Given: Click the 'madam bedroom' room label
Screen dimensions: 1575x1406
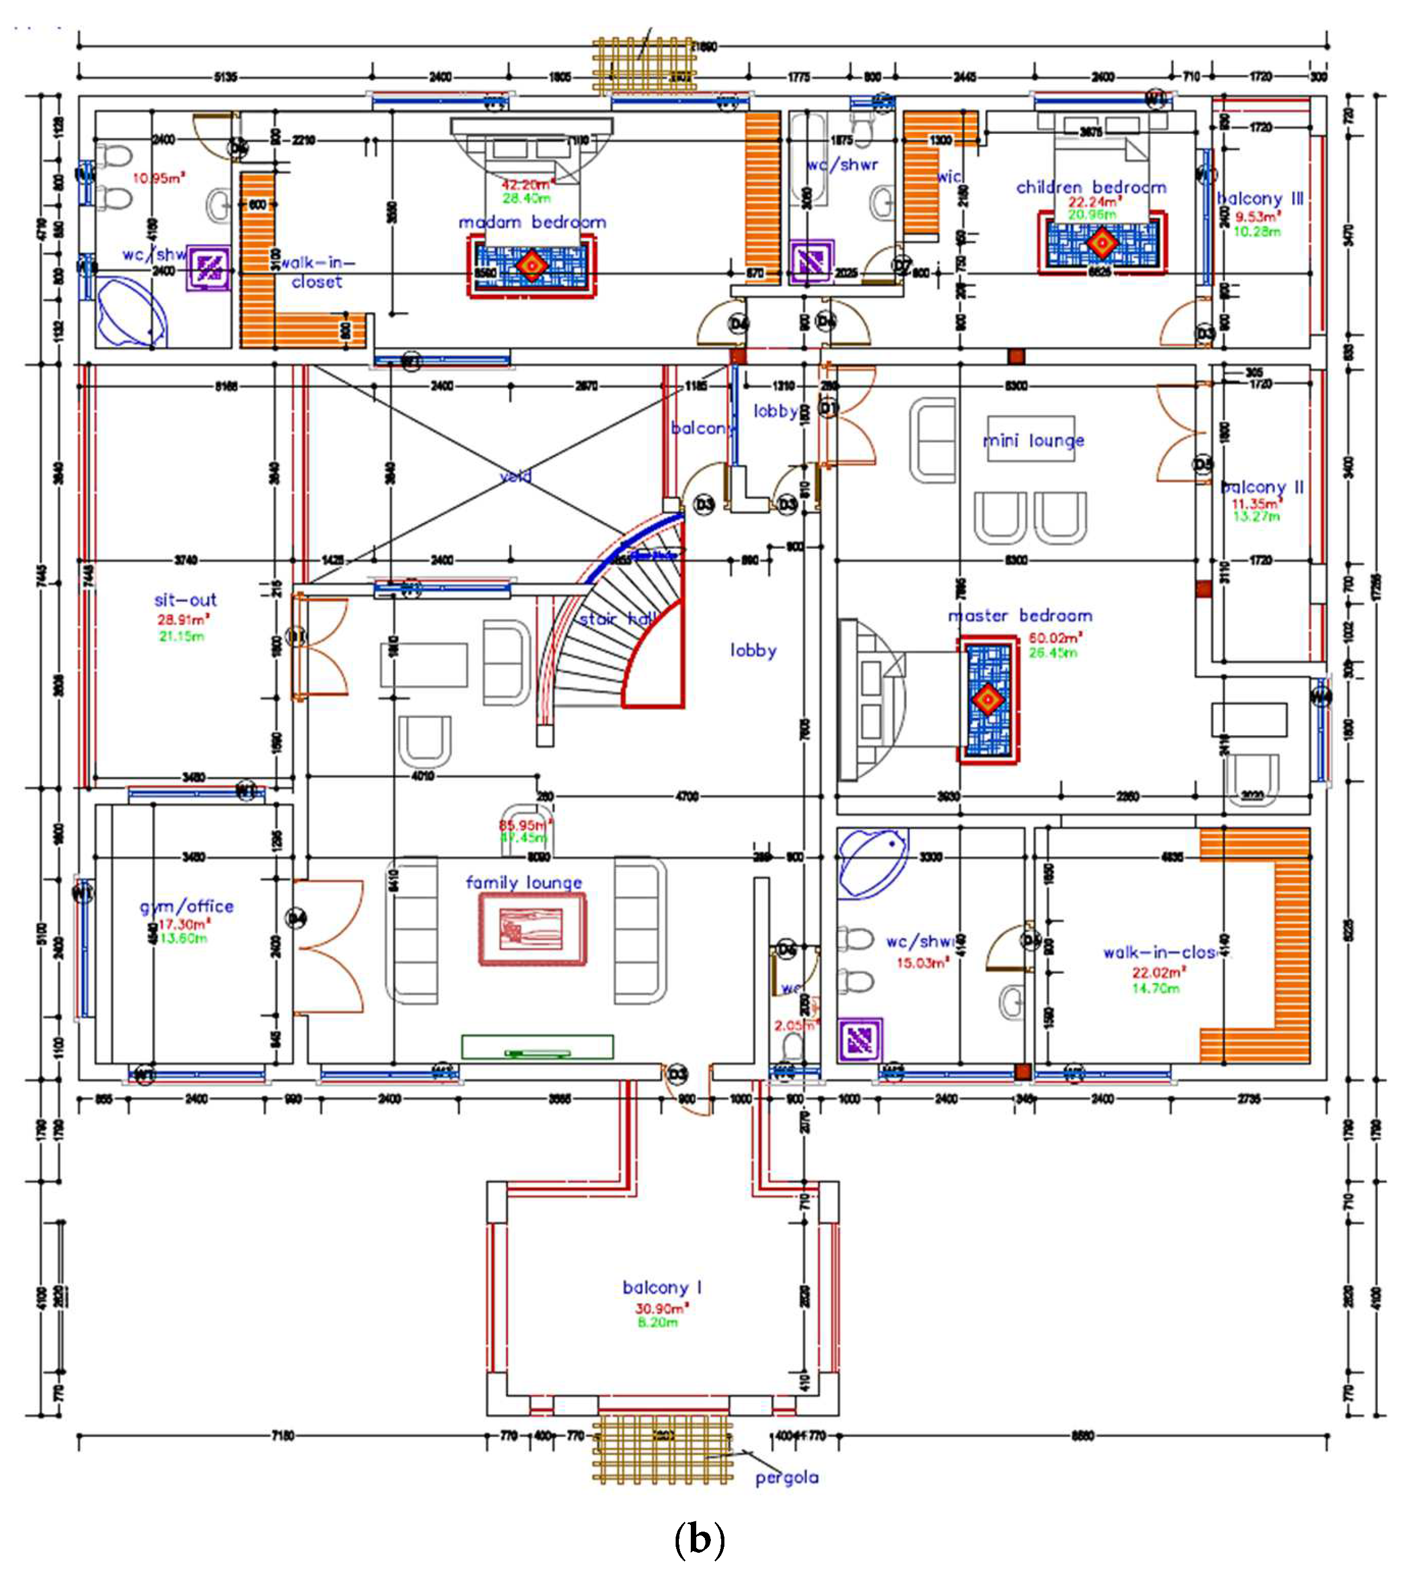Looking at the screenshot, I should pyautogui.click(x=532, y=222).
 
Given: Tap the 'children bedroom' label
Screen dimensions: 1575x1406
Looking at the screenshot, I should pyautogui.click(x=1091, y=187).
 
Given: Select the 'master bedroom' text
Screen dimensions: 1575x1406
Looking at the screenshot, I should pyautogui.click(x=1020, y=616).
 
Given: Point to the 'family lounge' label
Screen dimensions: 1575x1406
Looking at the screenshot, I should pyautogui.click(x=524, y=882).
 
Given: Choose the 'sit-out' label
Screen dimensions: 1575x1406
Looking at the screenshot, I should pyautogui.click(x=185, y=600).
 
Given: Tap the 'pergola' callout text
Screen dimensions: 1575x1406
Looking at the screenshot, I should pyautogui.click(x=786, y=1477).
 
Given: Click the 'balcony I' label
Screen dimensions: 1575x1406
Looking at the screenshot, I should pyautogui.click(x=662, y=1288).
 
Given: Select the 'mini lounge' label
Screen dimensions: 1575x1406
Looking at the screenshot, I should pyautogui.click(x=1033, y=440).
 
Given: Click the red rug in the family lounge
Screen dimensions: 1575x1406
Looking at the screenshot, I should pyautogui.click(x=531, y=929).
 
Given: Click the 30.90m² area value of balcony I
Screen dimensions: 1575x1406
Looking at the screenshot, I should pyautogui.click(x=660, y=1308).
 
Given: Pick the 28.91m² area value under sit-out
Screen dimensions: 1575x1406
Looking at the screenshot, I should pyautogui.click(x=183, y=620).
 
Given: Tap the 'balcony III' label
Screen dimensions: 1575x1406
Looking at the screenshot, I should pyautogui.click(x=1260, y=198).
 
